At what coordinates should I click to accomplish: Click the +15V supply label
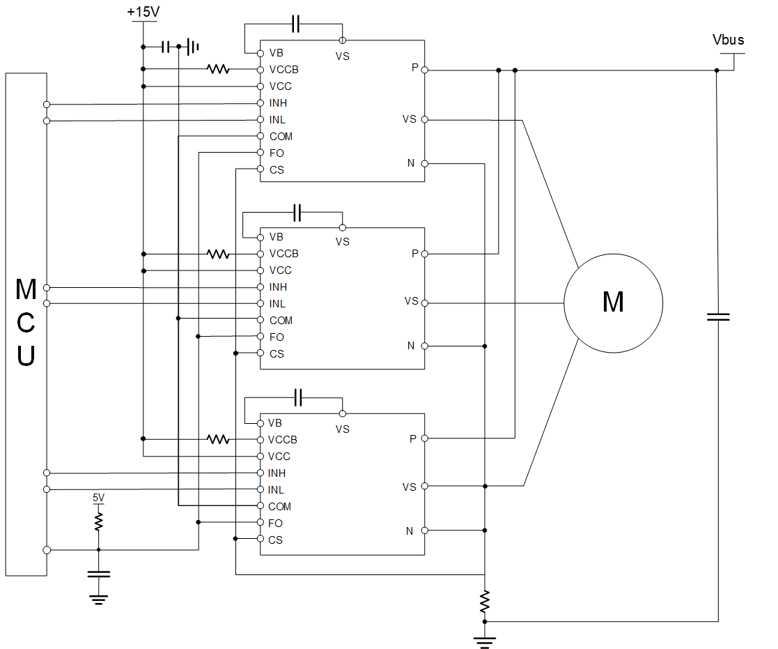pos(143,11)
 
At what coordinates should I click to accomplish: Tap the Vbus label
pos(728,40)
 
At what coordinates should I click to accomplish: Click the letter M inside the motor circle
pos(613,302)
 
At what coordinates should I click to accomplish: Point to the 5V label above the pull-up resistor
pos(98,498)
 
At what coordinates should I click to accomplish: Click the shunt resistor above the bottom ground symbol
pos(485,602)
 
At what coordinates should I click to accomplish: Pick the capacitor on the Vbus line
pos(718,316)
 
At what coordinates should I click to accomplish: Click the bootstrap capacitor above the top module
pos(296,24)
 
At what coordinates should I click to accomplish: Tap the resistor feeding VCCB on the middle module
pos(218,254)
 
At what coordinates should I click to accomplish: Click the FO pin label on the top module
pos(277,153)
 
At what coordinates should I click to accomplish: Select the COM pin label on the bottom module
pos(279,507)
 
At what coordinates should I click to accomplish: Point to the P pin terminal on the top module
pos(425,70)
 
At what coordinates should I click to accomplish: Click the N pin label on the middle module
pos(411,346)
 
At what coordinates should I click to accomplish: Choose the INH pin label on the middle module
pos(278,287)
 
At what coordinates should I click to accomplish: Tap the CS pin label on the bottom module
pos(275,540)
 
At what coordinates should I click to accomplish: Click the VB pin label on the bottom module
pos(275,423)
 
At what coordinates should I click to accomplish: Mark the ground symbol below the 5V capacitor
pos(99,599)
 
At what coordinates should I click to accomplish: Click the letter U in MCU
pos(26,356)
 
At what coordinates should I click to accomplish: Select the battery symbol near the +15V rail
pos(192,47)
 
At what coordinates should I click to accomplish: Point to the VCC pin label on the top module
pos(280,86)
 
